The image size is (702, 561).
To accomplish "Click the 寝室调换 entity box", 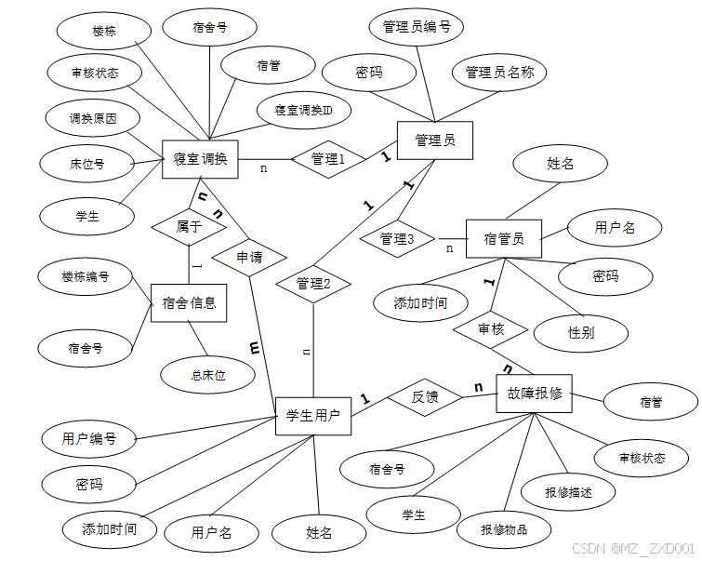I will tap(200, 159).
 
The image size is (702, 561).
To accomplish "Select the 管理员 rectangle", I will tap(434, 141).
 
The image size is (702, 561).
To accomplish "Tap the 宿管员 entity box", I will tap(503, 239).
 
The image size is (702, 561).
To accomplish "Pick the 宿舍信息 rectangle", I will tap(189, 302).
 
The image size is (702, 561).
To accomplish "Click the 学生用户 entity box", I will tap(313, 415).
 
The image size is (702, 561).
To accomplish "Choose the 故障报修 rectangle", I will tap(535, 394).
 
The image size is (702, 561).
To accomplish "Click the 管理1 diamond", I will tap(326, 160).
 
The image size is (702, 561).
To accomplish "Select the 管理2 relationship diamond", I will tap(313, 285).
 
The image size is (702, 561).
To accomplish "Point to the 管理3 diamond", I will tap(397, 239).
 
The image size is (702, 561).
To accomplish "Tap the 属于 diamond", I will tap(189, 225).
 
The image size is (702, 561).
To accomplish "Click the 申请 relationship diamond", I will tap(248, 256).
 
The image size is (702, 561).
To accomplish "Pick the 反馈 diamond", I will tap(425, 397).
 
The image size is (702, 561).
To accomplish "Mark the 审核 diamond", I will tap(491, 329).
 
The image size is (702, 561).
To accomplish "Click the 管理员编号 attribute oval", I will tap(417, 28).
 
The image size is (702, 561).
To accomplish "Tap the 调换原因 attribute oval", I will tap(93, 119).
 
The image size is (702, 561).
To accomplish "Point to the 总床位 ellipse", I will tap(208, 375).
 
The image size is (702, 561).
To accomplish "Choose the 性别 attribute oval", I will tap(581, 332).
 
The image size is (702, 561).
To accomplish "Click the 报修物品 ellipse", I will tap(504, 529).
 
